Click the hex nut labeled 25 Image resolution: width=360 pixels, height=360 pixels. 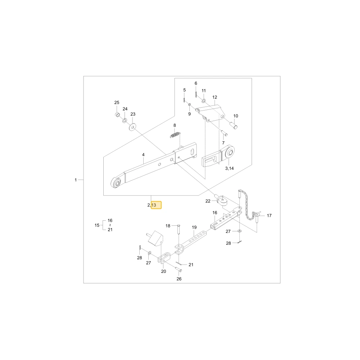click(x=117, y=114)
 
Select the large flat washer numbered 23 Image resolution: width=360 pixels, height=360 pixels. click(x=132, y=127)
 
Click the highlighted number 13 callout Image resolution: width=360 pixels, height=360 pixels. click(x=154, y=205)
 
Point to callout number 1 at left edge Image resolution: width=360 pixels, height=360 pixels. click(x=76, y=180)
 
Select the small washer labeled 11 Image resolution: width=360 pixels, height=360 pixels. click(x=204, y=101)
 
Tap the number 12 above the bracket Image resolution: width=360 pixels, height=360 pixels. click(x=215, y=97)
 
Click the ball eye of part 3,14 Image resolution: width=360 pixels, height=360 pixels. click(x=230, y=152)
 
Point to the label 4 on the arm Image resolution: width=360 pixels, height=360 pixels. click(x=143, y=155)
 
